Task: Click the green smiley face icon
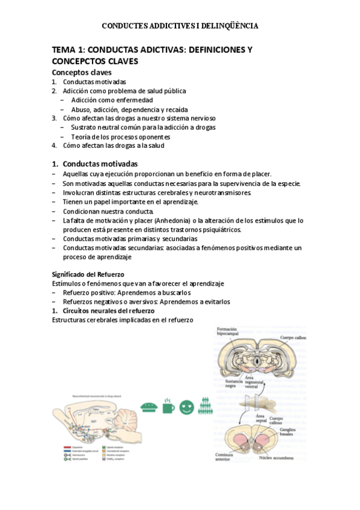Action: click(x=188, y=407)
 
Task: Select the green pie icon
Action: click(x=148, y=407)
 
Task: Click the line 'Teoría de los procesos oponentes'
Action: click(x=124, y=137)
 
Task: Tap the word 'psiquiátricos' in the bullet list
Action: click(x=219, y=230)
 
